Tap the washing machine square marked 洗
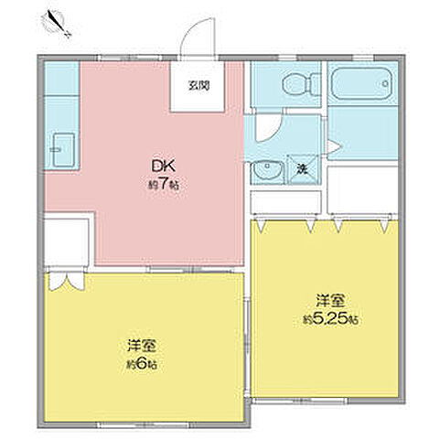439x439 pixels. tap(302, 170)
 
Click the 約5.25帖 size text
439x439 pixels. tap(330, 319)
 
